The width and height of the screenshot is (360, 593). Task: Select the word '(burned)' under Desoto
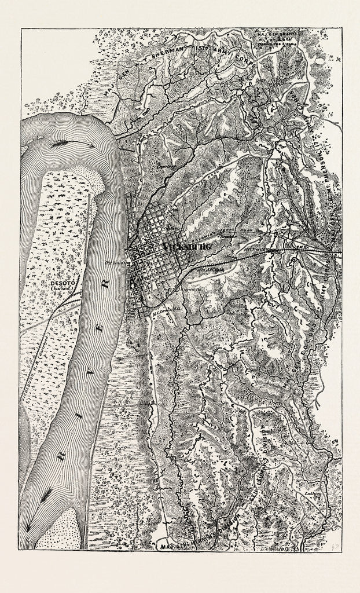56,289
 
